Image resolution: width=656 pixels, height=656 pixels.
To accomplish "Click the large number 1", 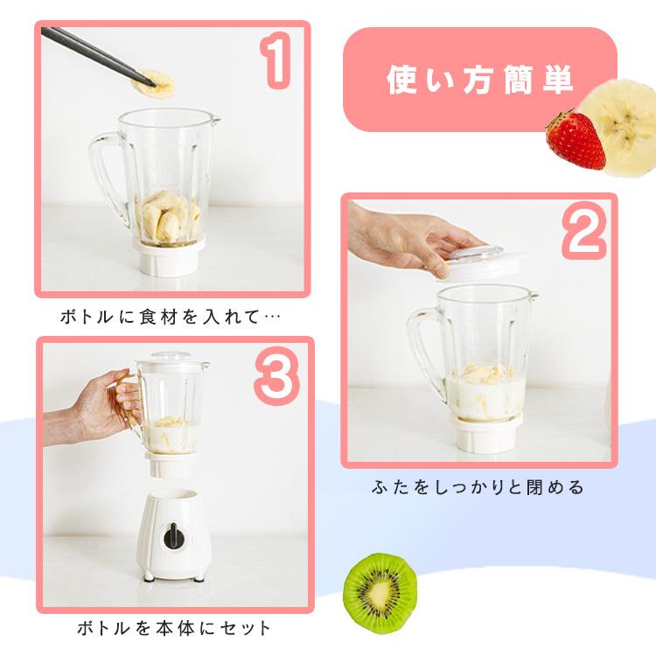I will click(276, 61).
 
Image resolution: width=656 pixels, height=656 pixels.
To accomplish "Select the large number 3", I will click(276, 374).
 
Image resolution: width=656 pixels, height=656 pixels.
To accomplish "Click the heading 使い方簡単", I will click(479, 80).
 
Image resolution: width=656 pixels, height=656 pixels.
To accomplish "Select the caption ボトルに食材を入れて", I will click(171, 316).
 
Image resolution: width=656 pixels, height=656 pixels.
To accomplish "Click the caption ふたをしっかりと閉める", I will click(478, 486).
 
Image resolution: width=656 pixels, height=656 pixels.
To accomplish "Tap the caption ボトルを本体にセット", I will click(174, 628).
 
